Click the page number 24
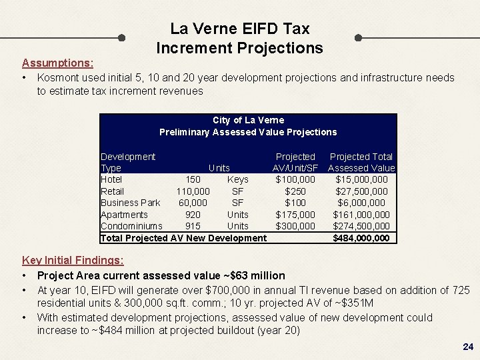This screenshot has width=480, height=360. (467, 347)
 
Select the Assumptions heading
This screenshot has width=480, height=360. (57, 63)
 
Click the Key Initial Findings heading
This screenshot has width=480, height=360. (73, 260)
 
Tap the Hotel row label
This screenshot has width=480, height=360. (111, 179)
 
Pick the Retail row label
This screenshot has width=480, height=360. (112, 191)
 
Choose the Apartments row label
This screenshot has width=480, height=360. (124, 215)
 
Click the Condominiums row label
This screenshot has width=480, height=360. (131, 226)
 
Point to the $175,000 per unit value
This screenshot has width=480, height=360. (295, 215)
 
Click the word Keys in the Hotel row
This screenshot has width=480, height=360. (237, 179)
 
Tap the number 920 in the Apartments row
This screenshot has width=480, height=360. (193, 215)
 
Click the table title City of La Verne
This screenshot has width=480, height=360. (248, 120)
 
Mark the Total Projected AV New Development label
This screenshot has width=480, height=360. (183, 238)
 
